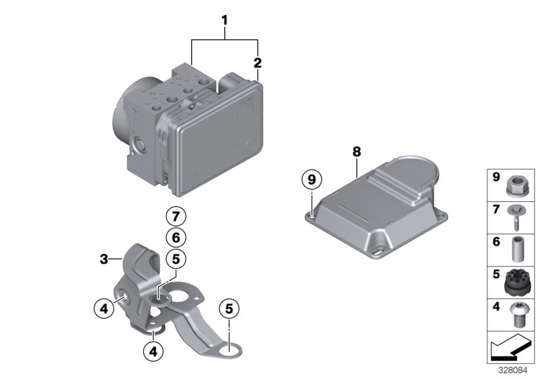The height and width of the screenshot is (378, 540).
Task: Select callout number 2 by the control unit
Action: pyautogui.click(x=256, y=63)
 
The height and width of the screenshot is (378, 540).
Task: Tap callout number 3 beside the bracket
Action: pyautogui.click(x=104, y=259)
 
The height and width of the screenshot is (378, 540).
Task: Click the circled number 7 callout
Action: pyautogui.click(x=175, y=217)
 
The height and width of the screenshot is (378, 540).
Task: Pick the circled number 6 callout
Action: pyautogui.click(x=175, y=237)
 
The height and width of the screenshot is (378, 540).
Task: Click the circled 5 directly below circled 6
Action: pyautogui.click(x=175, y=258)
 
